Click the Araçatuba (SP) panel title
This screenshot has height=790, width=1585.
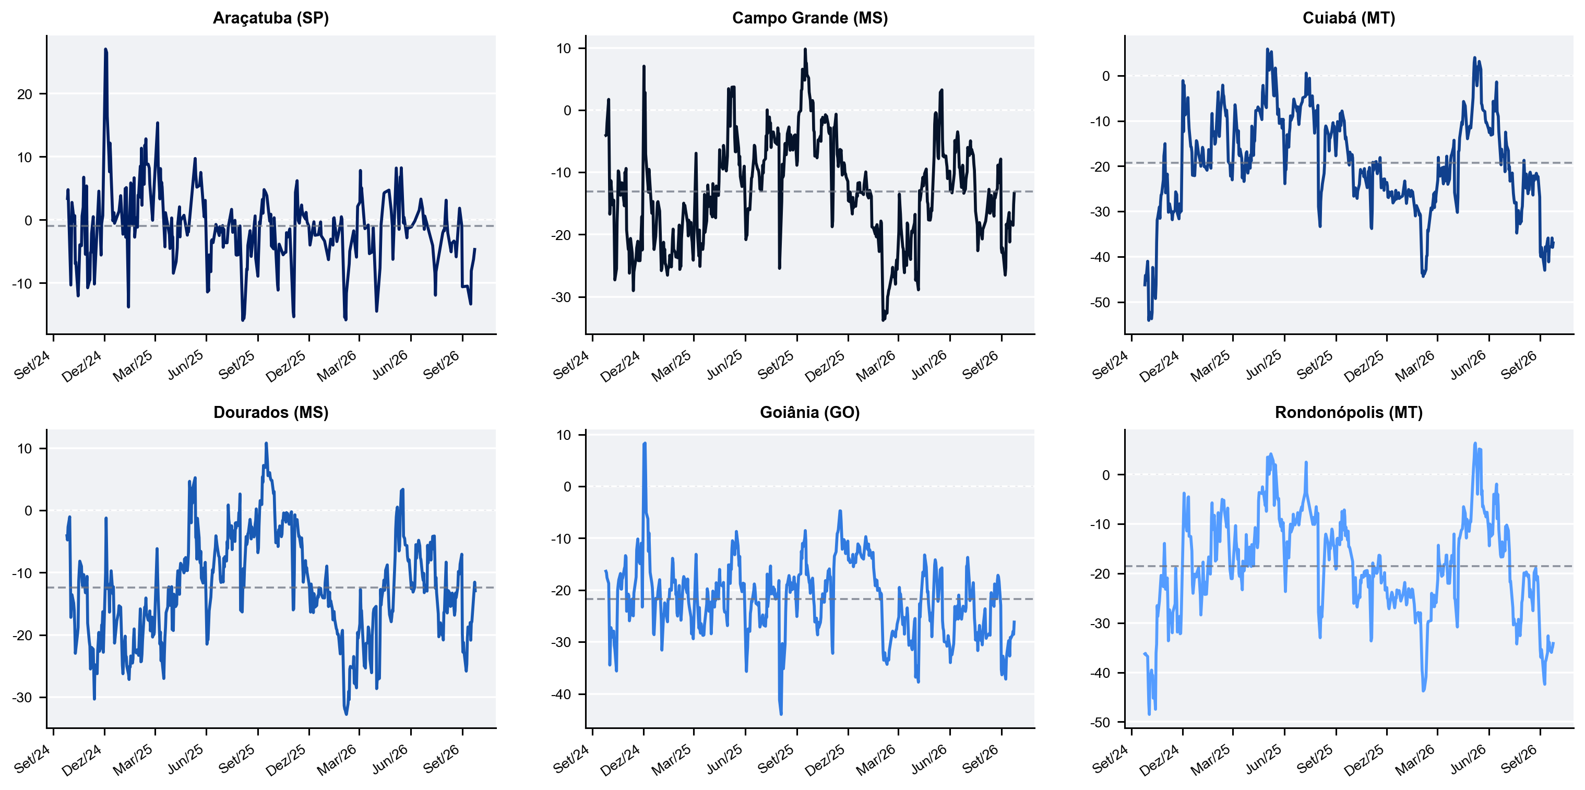coord(271,18)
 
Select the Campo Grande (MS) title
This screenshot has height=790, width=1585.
coord(810,18)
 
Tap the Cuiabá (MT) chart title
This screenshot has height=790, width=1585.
coord(1349,18)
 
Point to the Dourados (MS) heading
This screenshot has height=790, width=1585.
coord(271,412)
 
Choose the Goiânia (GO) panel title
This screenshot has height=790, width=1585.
coord(810,412)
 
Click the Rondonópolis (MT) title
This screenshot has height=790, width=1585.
coord(1349,412)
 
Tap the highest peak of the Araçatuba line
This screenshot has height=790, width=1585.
coord(105,49)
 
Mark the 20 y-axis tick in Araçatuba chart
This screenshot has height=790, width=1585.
coord(25,94)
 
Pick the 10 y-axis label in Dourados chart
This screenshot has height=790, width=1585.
coord(25,449)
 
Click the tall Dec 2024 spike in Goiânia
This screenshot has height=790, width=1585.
coord(644,444)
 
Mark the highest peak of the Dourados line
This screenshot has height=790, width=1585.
coord(266,443)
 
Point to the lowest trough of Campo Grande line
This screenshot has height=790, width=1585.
coord(883,320)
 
